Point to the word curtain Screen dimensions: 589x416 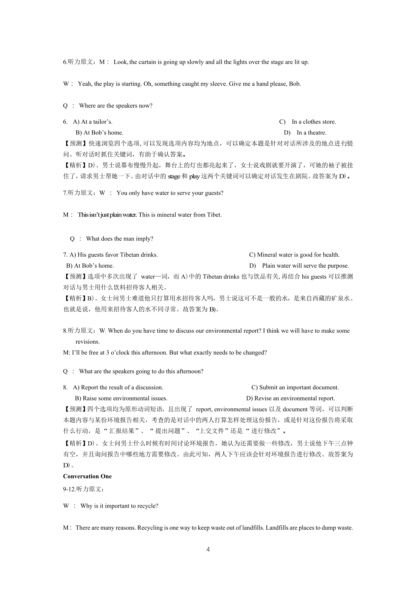tap(147, 62)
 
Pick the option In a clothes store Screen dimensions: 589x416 tap(314, 122)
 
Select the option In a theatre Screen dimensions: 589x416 tap(311, 133)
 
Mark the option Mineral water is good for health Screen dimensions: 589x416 tap(298, 255)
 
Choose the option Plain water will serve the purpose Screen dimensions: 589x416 tap(305, 266)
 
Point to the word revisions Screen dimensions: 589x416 tap(88, 342)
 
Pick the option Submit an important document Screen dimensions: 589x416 tap(299, 387)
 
